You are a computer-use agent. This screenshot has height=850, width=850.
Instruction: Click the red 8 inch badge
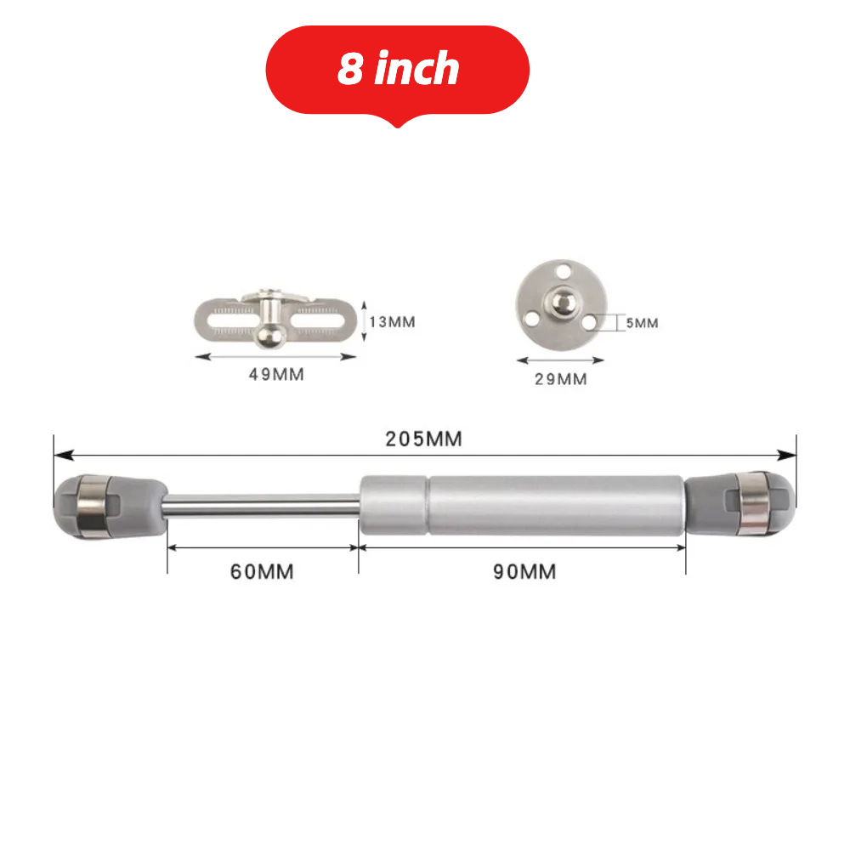click(398, 70)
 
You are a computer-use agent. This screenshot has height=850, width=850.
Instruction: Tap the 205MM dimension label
click(423, 439)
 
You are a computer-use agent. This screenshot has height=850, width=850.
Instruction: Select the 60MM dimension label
click(262, 571)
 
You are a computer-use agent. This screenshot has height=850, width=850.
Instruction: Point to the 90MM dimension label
click(524, 571)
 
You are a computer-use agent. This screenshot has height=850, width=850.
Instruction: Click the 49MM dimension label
click(275, 374)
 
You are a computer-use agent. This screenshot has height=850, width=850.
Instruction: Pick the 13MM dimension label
click(392, 323)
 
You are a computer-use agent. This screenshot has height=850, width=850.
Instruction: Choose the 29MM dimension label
click(560, 379)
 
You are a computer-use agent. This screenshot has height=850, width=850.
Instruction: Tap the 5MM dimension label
click(643, 323)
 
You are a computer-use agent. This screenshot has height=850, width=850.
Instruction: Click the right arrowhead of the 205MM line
click(790, 455)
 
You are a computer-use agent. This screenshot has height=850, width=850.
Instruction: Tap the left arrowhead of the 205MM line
click(59, 455)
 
